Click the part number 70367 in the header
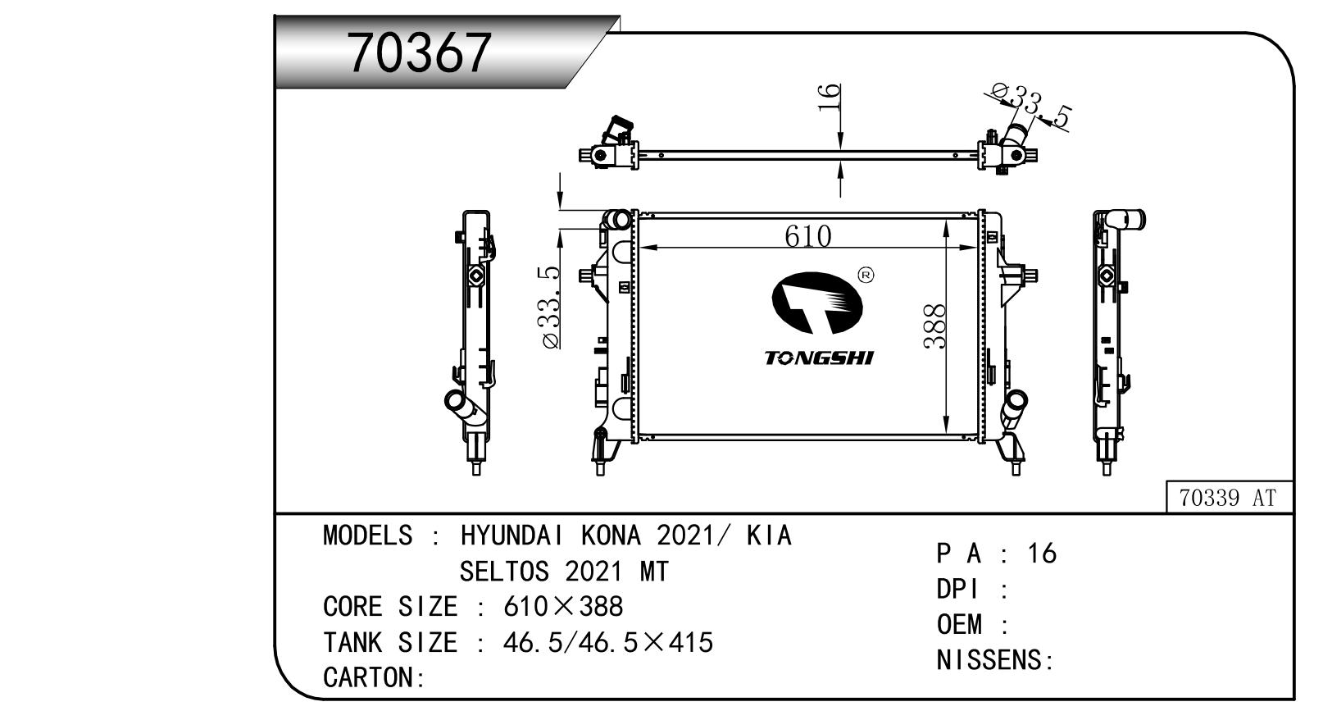tap(420, 53)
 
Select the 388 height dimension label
tap(934, 326)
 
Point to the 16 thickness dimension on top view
tap(829, 98)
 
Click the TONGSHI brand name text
tap(819, 358)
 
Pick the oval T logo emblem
tap(817, 303)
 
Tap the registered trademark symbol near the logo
tap(866, 276)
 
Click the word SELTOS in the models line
tap(504, 571)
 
